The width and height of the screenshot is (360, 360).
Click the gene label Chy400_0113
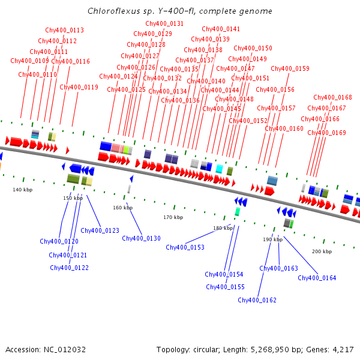tap(64, 30)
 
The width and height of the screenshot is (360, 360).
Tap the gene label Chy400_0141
tap(221, 29)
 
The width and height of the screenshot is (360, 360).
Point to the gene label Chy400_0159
tap(290, 68)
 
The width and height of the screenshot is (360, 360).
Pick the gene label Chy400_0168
tap(332, 97)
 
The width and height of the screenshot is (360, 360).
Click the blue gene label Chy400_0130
tap(141, 238)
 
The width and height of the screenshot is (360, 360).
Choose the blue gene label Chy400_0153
tap(185, 247)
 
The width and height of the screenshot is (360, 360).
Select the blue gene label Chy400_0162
tap(257, 300)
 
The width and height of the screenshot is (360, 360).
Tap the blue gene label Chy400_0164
tap(317, 278)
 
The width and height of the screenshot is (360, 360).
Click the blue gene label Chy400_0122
tap(69, 268)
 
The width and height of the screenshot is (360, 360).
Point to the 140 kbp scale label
tap(22, 190)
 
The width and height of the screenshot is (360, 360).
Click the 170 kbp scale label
tap(173, 217)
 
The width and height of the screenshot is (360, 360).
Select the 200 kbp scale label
tap(322, 251)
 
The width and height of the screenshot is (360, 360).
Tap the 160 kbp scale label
tap(122, 208)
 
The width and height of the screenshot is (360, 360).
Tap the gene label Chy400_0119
tap(79, 87)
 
